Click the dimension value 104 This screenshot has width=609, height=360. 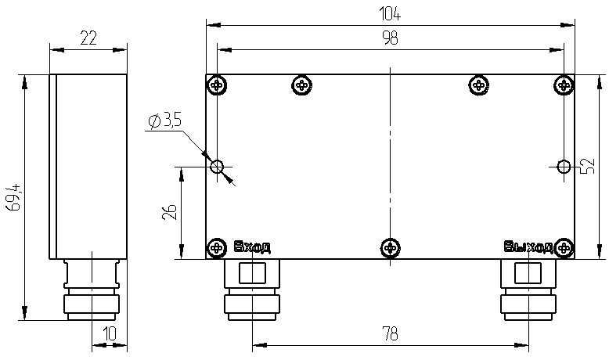pos(389,13)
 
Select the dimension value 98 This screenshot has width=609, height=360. pos(389,40)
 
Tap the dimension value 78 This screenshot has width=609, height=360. pos(389,334)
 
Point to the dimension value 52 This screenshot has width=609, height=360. pos(588,165)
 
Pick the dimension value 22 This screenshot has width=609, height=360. pos(88,38)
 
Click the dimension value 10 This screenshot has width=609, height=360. pos(110,334)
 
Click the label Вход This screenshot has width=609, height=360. pos(252,248)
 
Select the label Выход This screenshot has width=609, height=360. pos(528,248)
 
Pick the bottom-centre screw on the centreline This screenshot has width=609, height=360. pos(389,248)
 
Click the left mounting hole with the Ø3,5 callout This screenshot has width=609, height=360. pos(218,166)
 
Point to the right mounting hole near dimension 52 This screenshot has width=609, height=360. pos(564,166)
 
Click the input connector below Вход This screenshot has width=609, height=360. pos(252,290)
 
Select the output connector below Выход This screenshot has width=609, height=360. pos(528,290)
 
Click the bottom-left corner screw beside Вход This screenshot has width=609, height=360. pos(216,248)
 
